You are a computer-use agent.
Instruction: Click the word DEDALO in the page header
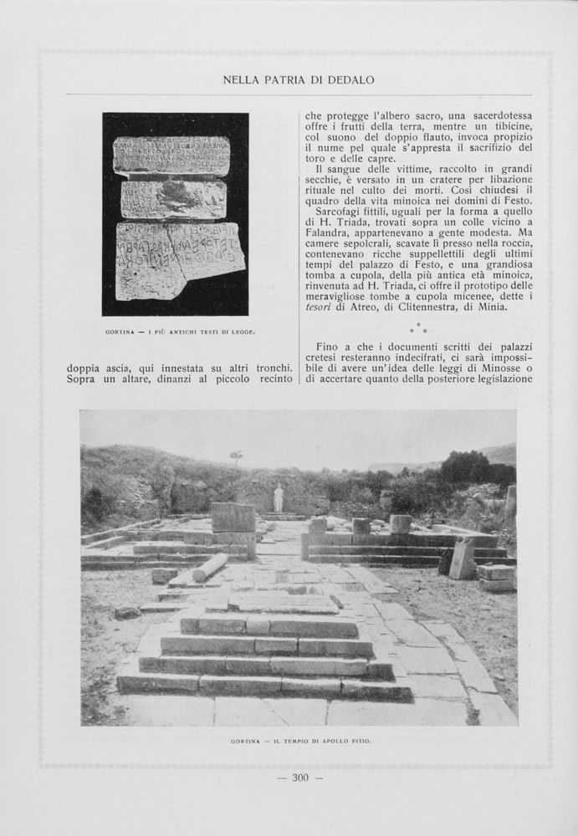pyautogui.click(x=352, y=80)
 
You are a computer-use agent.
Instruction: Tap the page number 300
pyautogui.click(x=300, y=778)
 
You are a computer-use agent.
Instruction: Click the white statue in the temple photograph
pyautogui.click(x=279, y=499)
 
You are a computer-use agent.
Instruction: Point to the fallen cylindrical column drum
pyautogui.click(x=209, y=567)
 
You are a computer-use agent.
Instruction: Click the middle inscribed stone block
pyautogui.click(x=173, y=200)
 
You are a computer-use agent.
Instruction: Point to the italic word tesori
pyautogui.click(x=320, y=307)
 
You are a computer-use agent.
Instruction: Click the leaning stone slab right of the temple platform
pyautogui.click(x=463, y=558)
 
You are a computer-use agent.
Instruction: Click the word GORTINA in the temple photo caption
pyautogui.click(x=247, y=742)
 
